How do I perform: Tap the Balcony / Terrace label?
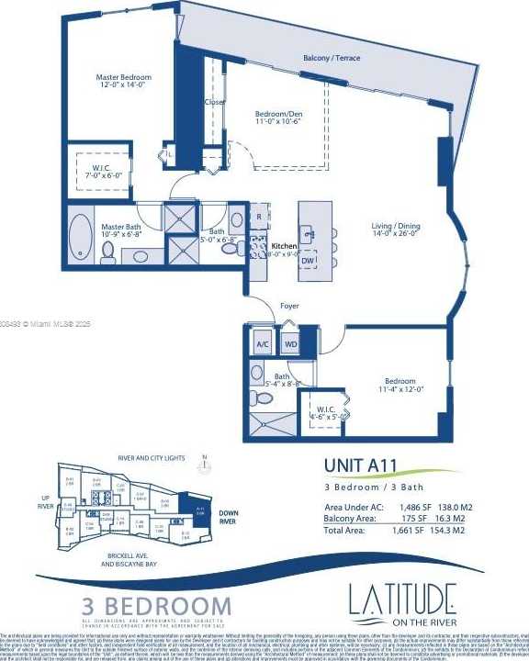pos(332,58)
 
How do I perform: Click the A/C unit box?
pos(263,345)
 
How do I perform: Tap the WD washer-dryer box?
pos(290,345)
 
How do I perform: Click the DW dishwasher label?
pos(308,261)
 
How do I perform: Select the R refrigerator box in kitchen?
pos(259,217)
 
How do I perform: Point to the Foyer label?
pos(289,306)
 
